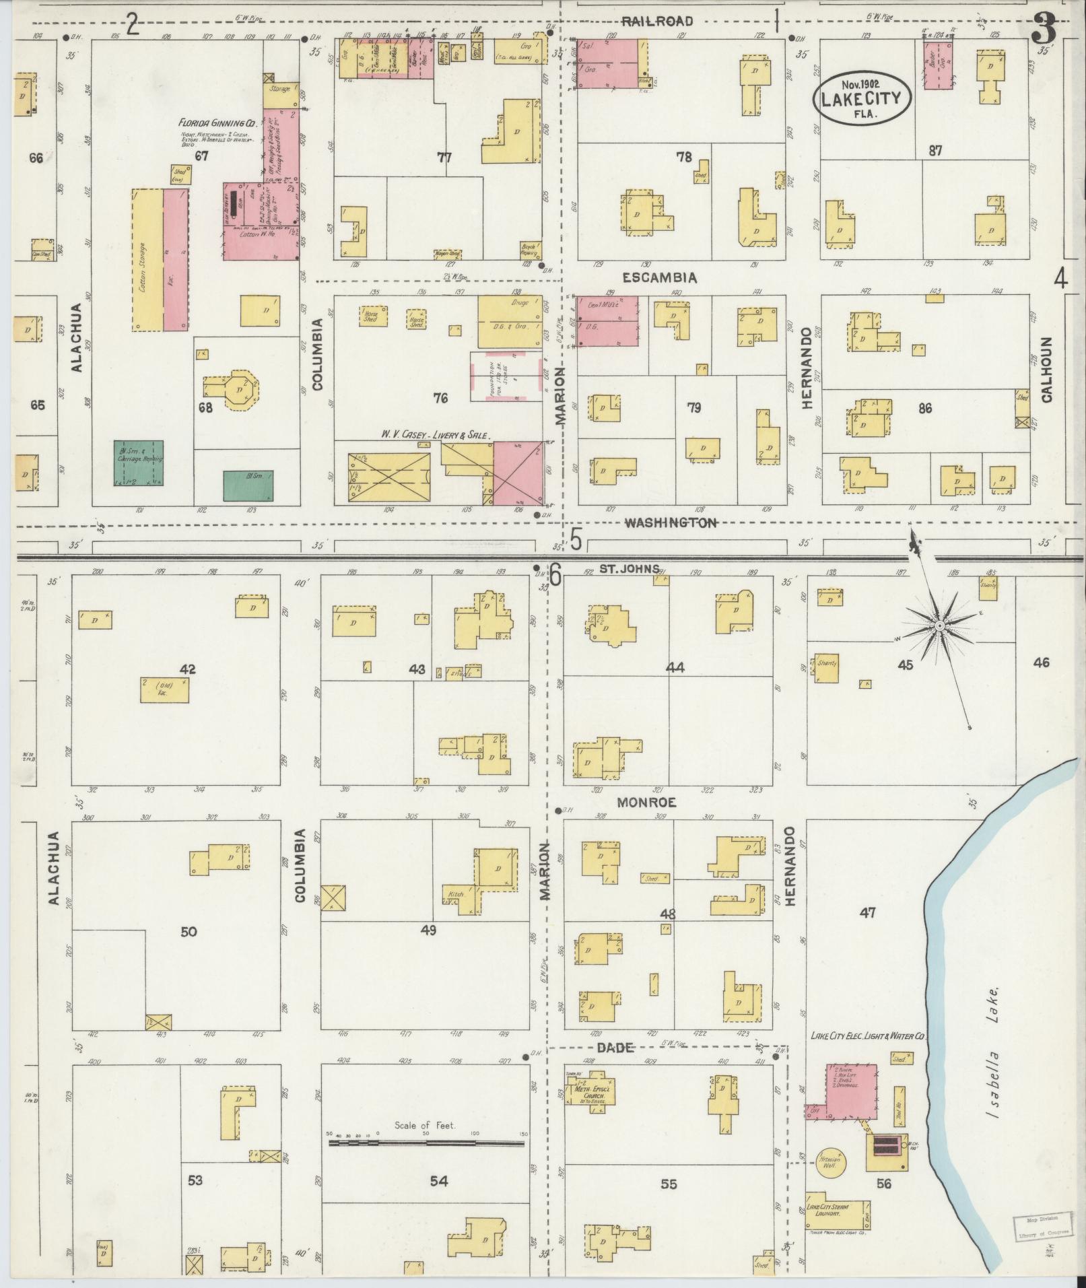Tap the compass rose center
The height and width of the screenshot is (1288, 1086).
pyautogui.click(x=939, y=627)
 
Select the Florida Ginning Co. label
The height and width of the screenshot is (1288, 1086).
pyautogui.click(x=215, y=124)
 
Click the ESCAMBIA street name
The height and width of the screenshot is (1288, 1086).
pyautogui.click(x=660, y=277)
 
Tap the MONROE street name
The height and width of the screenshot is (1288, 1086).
pyautogui.click(x=649, y=803)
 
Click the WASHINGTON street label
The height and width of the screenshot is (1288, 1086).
pyautogui.click(x=671, y=522)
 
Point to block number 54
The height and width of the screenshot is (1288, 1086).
pyautogui.click(x=438, y=1180)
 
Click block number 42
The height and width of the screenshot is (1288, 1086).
pyautogui.click(x=188, y=669)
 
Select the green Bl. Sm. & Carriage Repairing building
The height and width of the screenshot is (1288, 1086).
pyautogui.click(x=138, y=463)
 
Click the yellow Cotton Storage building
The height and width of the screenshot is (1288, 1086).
pyautogui.click(x=147, y=259)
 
